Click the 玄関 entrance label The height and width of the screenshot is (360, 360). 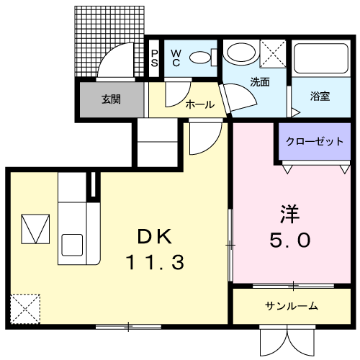click(111, 99)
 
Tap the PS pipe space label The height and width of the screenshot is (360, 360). click(155, 58)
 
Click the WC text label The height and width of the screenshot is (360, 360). click(176, 58)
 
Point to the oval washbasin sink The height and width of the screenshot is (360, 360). click(241, 52)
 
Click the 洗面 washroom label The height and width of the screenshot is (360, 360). click(260, 82)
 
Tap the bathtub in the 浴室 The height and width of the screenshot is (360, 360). click(321, 58)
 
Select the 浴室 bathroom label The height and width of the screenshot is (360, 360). click(320, 96)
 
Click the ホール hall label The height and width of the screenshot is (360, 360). click(200, 104)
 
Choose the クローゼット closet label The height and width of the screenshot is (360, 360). click(315, 141)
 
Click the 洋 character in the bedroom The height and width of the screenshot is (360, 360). click(290, 214)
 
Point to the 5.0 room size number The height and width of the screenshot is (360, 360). click(290, 240)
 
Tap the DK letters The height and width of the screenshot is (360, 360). click(155, 236)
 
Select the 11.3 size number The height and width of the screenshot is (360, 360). click(155, 262)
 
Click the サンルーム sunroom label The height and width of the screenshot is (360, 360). click(292, 306)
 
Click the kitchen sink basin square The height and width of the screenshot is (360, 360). click(72, 245)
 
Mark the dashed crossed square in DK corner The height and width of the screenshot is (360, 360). click(25, 309)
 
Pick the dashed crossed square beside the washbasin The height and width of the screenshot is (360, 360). click(273, 53)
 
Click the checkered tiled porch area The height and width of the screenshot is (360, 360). click(109, 41)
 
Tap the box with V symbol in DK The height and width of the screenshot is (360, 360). click(35, 229)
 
